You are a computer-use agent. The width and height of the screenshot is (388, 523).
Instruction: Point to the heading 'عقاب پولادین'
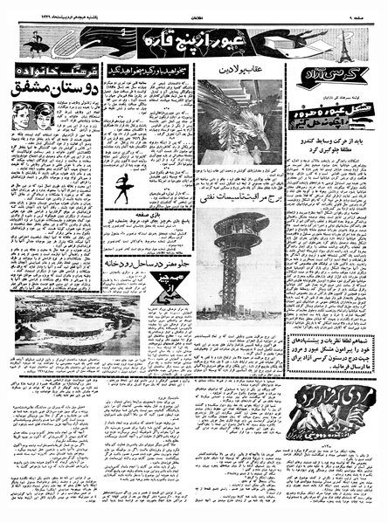[239, 70]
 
